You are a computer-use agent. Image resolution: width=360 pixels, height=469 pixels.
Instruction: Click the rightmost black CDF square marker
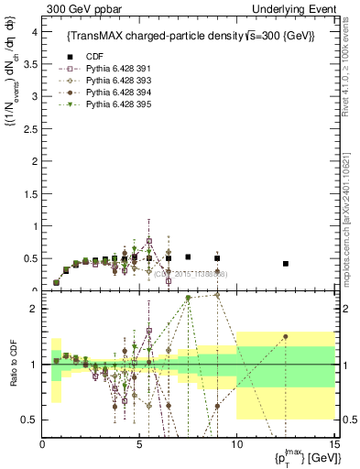[x=286, y=264]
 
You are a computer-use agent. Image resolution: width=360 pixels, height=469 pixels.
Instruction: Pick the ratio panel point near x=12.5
[x=286, y=336]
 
